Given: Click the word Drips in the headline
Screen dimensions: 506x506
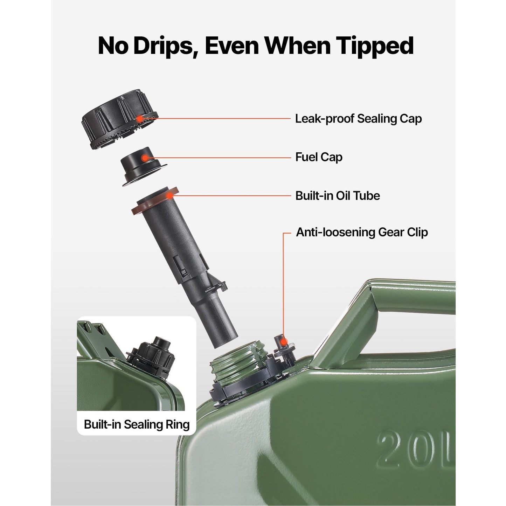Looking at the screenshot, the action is coord(165,46).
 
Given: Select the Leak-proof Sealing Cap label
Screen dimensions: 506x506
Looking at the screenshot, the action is coord(358,119).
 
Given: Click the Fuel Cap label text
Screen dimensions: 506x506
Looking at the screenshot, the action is coord(319,157).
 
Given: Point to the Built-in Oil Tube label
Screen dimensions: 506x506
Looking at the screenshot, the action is coord(338,196).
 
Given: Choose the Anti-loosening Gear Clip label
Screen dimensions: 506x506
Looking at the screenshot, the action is coord(362,233).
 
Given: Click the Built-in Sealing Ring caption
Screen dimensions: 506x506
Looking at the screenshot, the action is coord(137,425).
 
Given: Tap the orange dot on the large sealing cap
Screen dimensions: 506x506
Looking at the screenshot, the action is coord(140,118).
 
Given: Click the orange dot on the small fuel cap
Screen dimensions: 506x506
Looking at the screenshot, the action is coord(145,158).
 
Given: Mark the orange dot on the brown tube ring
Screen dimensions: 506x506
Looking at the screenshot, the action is coord(170,196).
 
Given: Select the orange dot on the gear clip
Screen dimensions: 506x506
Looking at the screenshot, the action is coord(283,342).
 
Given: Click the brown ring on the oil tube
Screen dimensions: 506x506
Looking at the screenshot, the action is coord(155,201).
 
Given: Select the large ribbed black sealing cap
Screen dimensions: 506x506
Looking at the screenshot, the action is coord(119,119).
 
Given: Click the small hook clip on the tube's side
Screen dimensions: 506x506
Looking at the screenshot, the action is coord(217,285).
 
